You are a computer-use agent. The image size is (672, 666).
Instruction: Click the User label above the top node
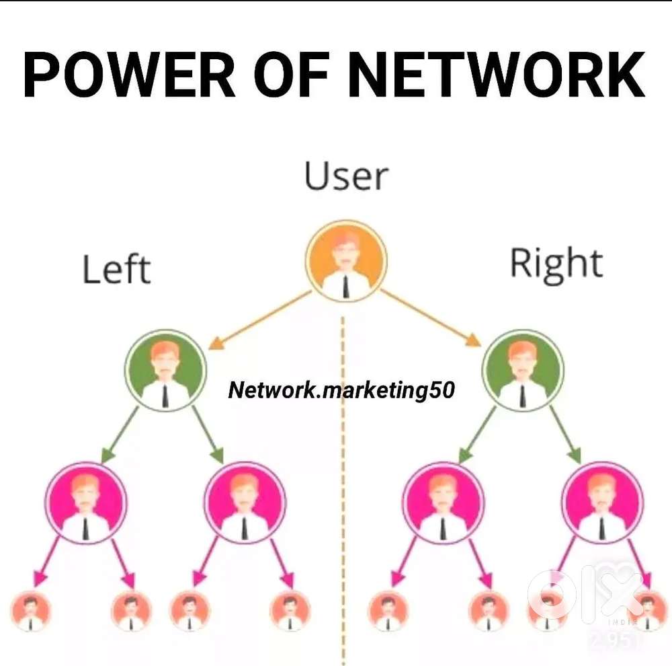coord(346,176)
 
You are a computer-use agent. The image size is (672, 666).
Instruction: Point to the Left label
coord(116,269)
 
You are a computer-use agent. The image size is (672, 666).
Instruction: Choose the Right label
coord(556,264)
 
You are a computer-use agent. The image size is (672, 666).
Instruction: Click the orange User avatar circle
coord(346,261)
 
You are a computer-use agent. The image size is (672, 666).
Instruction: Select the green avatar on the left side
coord(165,369)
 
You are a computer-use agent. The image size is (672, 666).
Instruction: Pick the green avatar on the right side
coord(523,369)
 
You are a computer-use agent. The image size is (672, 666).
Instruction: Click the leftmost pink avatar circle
coord(86,502)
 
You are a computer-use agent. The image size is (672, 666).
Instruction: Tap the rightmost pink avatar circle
coord(602,502)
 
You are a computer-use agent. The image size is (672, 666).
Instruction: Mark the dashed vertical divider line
coord(343,471)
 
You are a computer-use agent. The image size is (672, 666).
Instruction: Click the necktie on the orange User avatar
coord(346,285)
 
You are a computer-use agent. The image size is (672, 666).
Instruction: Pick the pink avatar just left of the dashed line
coord(245,502)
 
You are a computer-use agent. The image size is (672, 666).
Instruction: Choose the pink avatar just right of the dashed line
coord(444,502)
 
